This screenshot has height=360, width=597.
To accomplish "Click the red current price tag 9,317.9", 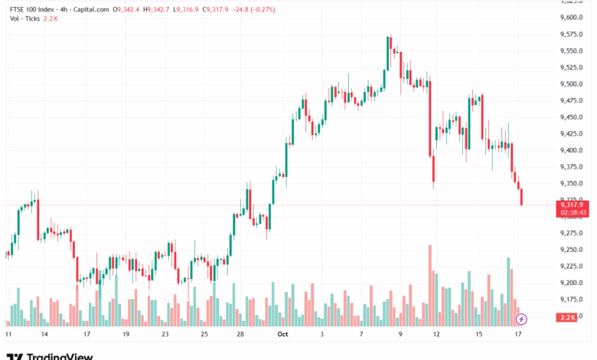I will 572,205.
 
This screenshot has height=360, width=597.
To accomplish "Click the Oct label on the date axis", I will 282,335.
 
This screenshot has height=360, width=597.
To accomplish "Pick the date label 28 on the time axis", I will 240,335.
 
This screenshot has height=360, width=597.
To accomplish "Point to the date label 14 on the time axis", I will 44,335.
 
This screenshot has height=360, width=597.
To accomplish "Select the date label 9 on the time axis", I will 400,335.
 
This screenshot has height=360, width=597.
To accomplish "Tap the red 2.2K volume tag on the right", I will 567,316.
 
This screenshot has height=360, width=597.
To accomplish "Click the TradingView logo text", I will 60,356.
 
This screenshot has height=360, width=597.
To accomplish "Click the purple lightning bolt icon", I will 522,318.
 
